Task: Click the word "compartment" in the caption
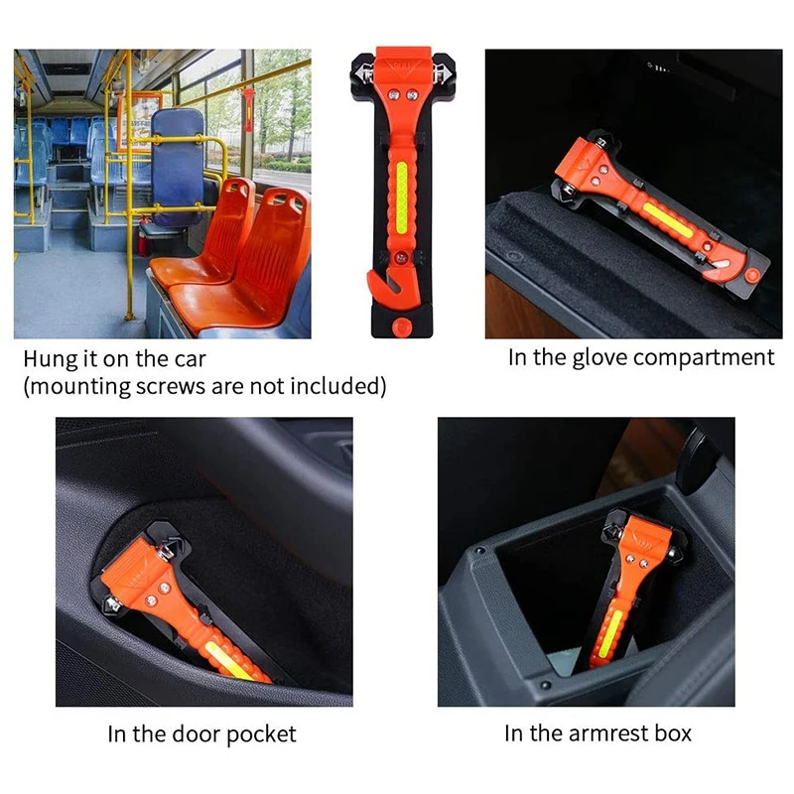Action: point(707,357)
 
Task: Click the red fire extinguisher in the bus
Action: point(146,238)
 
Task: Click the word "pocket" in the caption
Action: point(261,734)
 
